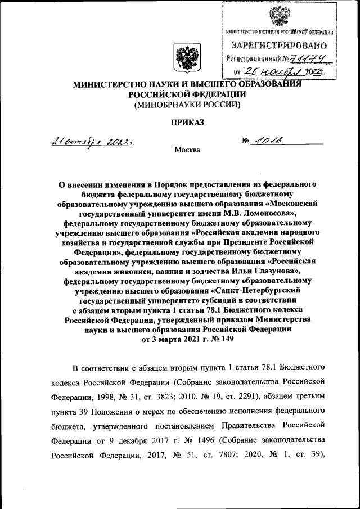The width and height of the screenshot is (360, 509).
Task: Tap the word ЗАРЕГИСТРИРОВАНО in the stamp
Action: [x=279, y=45]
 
